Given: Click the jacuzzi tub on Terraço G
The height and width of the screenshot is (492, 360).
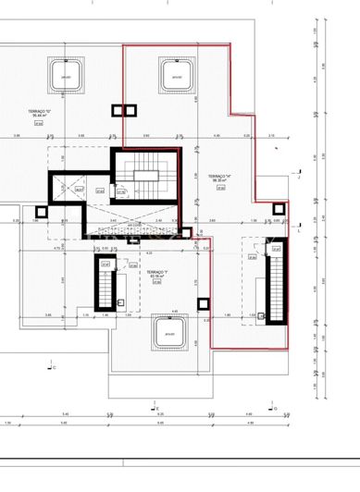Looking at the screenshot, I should click(66, 73).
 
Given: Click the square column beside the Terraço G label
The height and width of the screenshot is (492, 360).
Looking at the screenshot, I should click(118, 111).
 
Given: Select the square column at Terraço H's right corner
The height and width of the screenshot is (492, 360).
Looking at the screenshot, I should click(275, 210).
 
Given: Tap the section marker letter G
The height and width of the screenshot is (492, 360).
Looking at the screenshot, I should click(275, 408).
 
